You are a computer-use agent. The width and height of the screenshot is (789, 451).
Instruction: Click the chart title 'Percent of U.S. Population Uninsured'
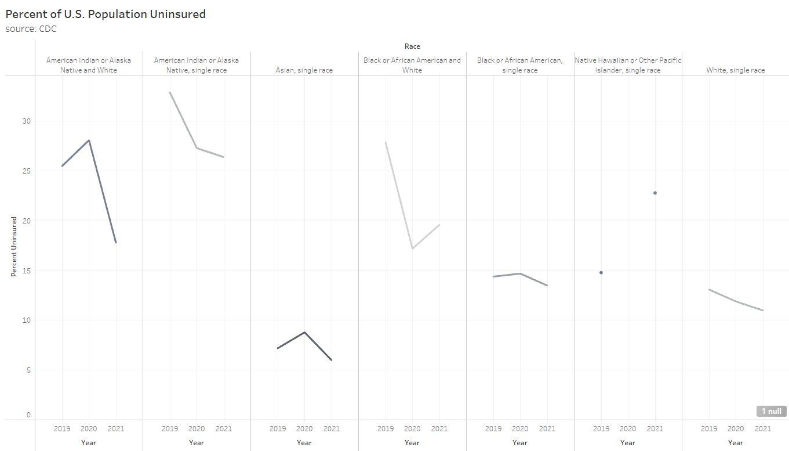point(106,14)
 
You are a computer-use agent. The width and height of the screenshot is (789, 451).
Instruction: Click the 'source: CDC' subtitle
point(31,28)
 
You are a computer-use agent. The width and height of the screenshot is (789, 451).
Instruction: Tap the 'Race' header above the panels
point(412,46)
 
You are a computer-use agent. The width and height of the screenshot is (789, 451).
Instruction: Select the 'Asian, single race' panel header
point(304,70)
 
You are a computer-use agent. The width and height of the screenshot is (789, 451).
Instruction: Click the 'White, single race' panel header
point(735,70)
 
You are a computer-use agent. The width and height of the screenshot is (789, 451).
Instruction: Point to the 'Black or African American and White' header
point(412,65)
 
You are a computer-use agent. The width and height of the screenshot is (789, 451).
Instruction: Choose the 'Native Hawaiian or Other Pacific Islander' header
point(628,65)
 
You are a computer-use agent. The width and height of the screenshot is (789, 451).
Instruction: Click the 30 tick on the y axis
point(27,121)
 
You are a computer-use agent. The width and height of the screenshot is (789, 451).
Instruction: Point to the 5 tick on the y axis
point(28,370)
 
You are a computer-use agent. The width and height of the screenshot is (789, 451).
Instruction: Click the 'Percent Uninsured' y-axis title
point(14,246)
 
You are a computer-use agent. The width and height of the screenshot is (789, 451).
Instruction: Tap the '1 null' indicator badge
point(771,411)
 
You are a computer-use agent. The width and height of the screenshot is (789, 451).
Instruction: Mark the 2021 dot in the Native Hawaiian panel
point(655,193)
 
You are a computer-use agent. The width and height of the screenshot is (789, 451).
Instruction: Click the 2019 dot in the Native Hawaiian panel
point(601,272)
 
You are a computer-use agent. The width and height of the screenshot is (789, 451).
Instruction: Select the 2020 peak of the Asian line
point(304,332)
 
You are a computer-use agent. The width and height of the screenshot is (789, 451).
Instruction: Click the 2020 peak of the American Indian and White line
point(89,140)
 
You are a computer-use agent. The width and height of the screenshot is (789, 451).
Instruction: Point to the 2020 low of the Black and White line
point(412,248)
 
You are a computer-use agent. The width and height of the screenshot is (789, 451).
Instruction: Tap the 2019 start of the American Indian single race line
point(170,92)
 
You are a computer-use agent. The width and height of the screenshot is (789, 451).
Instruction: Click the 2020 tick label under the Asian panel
point(304,429)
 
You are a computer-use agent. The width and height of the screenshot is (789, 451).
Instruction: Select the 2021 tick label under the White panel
point(762,429)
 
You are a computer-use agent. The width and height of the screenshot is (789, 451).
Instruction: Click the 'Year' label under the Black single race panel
point(520,443)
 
